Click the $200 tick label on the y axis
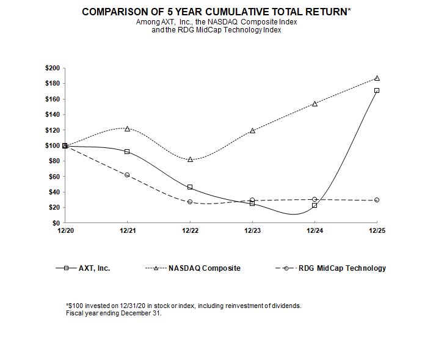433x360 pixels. click(52, 68)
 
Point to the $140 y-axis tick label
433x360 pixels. click(52, 114)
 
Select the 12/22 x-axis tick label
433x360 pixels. click(189, 231)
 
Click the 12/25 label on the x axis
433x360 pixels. click(377, 231)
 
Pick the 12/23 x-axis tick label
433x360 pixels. click(252, 231)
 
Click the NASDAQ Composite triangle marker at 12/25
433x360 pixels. click(377, 78)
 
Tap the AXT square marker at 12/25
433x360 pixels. click(377, 90)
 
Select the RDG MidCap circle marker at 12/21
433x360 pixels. click(127, 175)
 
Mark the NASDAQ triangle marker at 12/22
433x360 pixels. click(190, 159)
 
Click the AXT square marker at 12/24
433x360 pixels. click(315, 205)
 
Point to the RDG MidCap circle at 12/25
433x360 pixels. click(377, 200)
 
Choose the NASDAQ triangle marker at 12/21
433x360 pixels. click(127, 128)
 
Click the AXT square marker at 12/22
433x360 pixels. click(190, 187)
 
